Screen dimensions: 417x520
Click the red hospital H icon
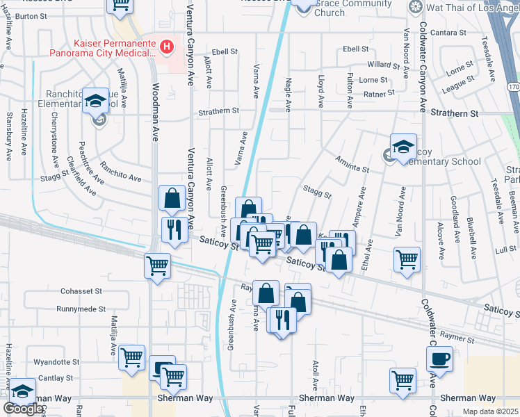(167, 47)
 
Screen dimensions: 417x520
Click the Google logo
(24, 409)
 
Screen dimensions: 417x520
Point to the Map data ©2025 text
(490, 411)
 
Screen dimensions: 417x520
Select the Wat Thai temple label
(471, 7)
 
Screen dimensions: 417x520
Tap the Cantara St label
(448, 33)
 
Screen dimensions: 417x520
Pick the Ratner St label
(379, 92)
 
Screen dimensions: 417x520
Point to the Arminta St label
(352, 168)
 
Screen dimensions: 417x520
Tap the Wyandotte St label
(58, 362)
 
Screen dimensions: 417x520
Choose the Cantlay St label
(58, 378)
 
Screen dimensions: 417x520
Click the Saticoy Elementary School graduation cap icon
(404, 147)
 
